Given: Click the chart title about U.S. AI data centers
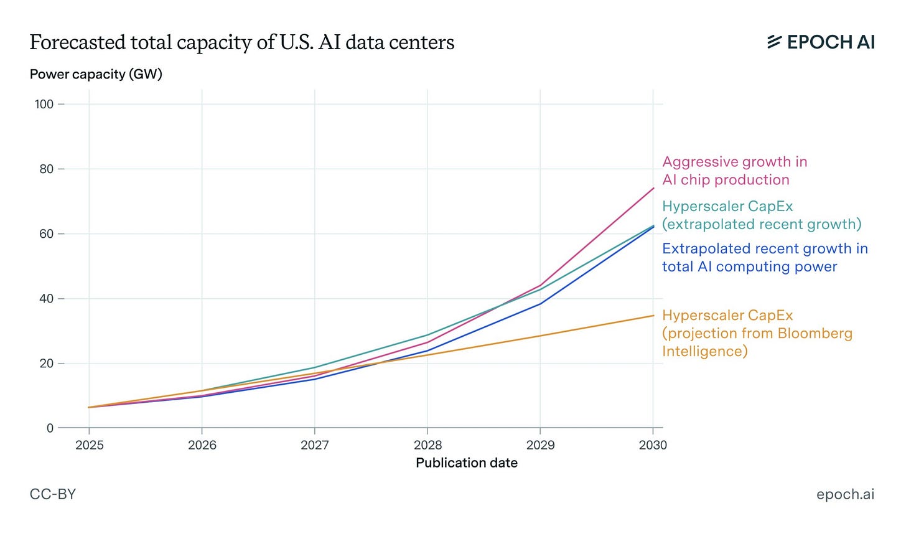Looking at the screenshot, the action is point(242,42).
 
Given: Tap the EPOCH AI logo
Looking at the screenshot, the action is point(821,42).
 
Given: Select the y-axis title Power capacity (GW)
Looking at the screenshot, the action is point(96,74).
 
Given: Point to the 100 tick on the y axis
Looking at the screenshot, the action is point(44,105).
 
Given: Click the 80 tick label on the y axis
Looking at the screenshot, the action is point(47,169).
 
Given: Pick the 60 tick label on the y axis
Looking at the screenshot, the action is point(47,234).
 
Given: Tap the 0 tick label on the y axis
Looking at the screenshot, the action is point(50,428).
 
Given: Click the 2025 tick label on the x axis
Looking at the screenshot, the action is point(90,445).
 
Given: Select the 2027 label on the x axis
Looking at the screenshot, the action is point(315,445).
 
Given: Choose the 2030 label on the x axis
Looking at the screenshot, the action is point(653,445).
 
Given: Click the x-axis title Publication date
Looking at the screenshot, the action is point(467,463).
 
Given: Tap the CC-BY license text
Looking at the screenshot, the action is point(53,494).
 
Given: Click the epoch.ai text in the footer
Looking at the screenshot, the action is point(845,494).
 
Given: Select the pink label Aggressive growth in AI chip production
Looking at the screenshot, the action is point(734,171).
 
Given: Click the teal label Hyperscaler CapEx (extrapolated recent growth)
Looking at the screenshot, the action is point(762,215).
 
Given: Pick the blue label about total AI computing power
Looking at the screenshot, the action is point(765,257).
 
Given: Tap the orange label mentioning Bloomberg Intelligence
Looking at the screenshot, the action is point(757,333).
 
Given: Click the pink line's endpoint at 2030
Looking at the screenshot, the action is point(653,188).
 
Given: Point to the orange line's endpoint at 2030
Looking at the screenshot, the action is point(653,316).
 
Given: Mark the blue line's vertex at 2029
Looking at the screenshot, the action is point(540,304).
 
